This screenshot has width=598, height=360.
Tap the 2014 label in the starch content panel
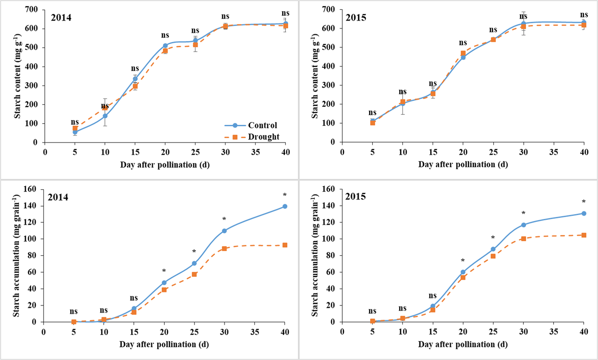coord(61,18)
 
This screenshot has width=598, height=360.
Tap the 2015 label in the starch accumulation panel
coord(355,196)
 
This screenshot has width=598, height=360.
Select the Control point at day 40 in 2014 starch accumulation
coord(285,206)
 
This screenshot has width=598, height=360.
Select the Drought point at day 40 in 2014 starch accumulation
coord(285,245)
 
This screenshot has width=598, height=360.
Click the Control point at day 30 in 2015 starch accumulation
coord(524,225)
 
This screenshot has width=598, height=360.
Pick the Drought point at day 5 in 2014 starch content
coord(75,128)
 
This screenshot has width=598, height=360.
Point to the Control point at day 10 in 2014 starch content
coord(105,116)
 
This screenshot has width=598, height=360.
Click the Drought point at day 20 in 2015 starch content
coord(463,53)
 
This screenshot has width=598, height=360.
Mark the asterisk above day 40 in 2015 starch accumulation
coord(584,202)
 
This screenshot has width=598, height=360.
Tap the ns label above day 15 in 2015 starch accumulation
coord(433,296)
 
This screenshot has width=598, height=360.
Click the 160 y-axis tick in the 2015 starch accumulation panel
coord(329,189)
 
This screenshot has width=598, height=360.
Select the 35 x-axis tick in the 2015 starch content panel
coord(554,152)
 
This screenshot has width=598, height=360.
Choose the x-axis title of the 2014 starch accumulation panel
coord(164,344)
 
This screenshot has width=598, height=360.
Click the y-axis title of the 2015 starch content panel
coord(315,76)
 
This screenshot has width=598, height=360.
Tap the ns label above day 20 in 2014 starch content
coord(165,35)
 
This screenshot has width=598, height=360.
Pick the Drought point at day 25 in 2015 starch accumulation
coord(493,256)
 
